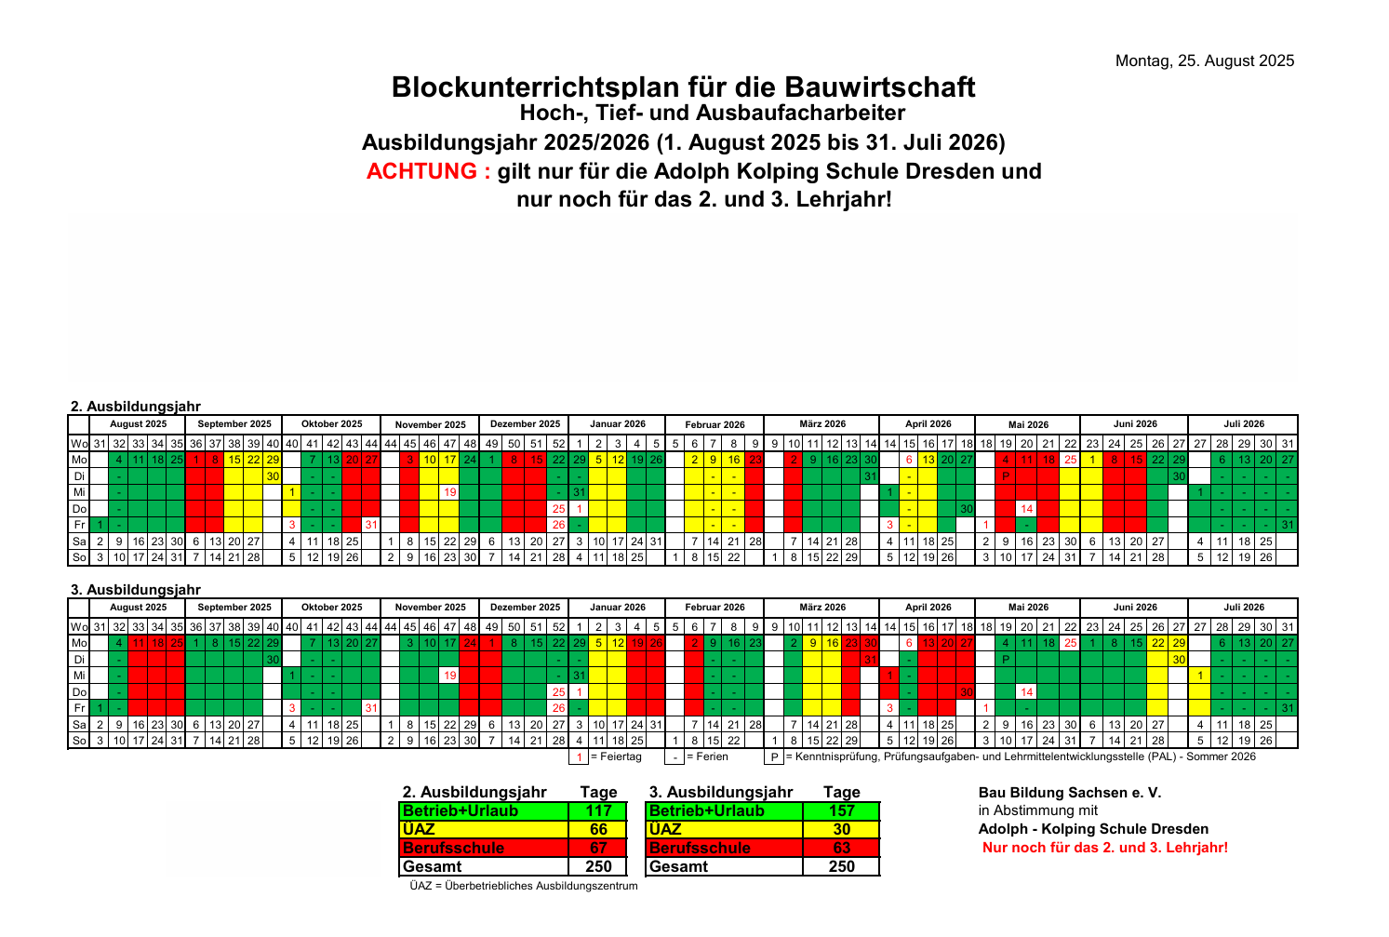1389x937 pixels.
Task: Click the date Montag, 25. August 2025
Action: click(x=1205, y=61)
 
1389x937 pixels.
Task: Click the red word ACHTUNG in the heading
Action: click(x=428, y=172)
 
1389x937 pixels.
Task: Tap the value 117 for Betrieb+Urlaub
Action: click(x=598, y=810)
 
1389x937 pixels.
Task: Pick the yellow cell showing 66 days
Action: click(x=598, y=829)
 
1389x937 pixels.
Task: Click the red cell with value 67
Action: click(x=598, y=848)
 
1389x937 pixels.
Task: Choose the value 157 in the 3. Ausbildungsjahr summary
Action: click(x=841, y=810)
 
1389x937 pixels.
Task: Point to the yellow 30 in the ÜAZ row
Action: click(x=841, y=829)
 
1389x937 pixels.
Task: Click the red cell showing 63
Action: click(x=841, y=848)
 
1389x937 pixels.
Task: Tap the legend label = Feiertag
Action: click(x=617, y=756)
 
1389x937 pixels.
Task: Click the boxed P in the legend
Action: click(x=773, y=756)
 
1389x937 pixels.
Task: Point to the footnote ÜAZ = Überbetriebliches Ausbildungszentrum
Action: click(x=524, y=886)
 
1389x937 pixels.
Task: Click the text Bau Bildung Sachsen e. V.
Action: click(x=1070, y=793)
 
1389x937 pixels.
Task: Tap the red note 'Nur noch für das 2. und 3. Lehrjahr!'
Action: click(x=1105, y=848)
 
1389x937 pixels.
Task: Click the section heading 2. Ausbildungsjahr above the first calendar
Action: click(x=136, y=407)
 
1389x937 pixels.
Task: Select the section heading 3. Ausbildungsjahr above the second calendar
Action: click(x=136, y=589)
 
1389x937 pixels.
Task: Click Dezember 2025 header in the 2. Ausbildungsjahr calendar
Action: click(x=526, y=424)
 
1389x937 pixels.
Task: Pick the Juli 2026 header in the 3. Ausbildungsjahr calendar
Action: click(x=1244, y=607)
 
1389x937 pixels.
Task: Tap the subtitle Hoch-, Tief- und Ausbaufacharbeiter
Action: click(x=712, y=114)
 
